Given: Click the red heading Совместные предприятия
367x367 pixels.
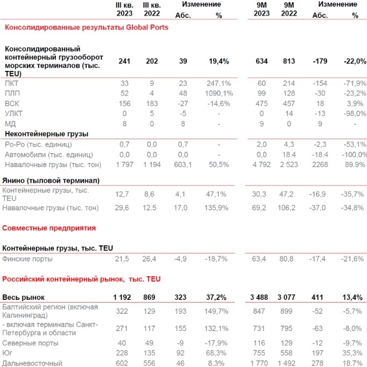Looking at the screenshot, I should [x=49, y=228].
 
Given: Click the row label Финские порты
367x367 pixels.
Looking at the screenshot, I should [x=27, y=259].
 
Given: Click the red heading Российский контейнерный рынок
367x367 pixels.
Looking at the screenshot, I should [x=81, y=279].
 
